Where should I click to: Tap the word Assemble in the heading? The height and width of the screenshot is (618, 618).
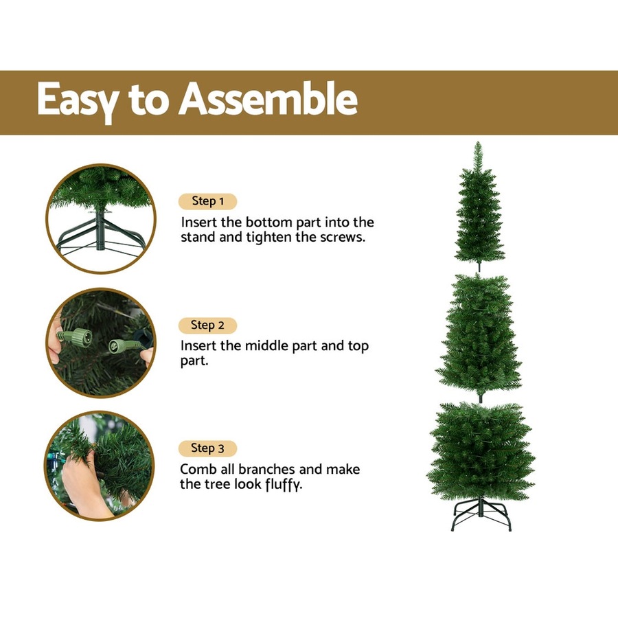point(268,100)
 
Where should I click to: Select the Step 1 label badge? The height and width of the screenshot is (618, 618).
point(207,201)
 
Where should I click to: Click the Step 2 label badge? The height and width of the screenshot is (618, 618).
point(207,325)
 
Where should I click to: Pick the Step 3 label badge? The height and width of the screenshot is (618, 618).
point(207,448)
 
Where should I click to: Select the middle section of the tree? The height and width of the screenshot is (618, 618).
point(480,336)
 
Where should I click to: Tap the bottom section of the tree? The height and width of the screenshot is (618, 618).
point(481,453)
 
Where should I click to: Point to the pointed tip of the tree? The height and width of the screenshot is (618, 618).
point(479,146)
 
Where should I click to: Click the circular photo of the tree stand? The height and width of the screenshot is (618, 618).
point(101,219)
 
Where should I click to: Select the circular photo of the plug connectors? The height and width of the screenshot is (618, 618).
point(101,343)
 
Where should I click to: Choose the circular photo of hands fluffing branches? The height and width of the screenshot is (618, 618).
point(101,466)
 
